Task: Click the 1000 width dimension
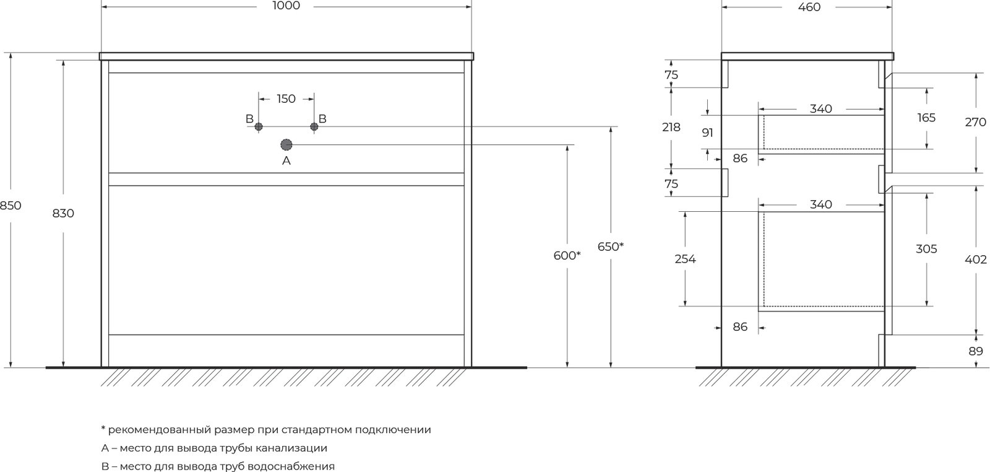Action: (286, 6)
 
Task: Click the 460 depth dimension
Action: (809, 7)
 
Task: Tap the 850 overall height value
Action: (11, 205)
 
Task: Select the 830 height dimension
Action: (63, 213)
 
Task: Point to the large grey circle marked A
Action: (286, 145)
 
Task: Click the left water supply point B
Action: (259, 126)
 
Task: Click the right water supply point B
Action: (314, 126)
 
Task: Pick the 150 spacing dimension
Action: (286, 98)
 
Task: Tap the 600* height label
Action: (567, 255)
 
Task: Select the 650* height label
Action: (611, 247)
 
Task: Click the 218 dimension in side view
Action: (671, 128)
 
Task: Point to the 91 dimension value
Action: (708, 133)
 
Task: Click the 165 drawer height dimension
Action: (926, 118)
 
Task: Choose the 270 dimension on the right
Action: (975, 122)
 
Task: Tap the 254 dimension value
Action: (685, 259)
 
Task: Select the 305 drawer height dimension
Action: (926, 249)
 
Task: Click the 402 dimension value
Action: (976, 260)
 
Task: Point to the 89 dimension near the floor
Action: (976, 351)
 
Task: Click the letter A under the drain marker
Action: (286, 161)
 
